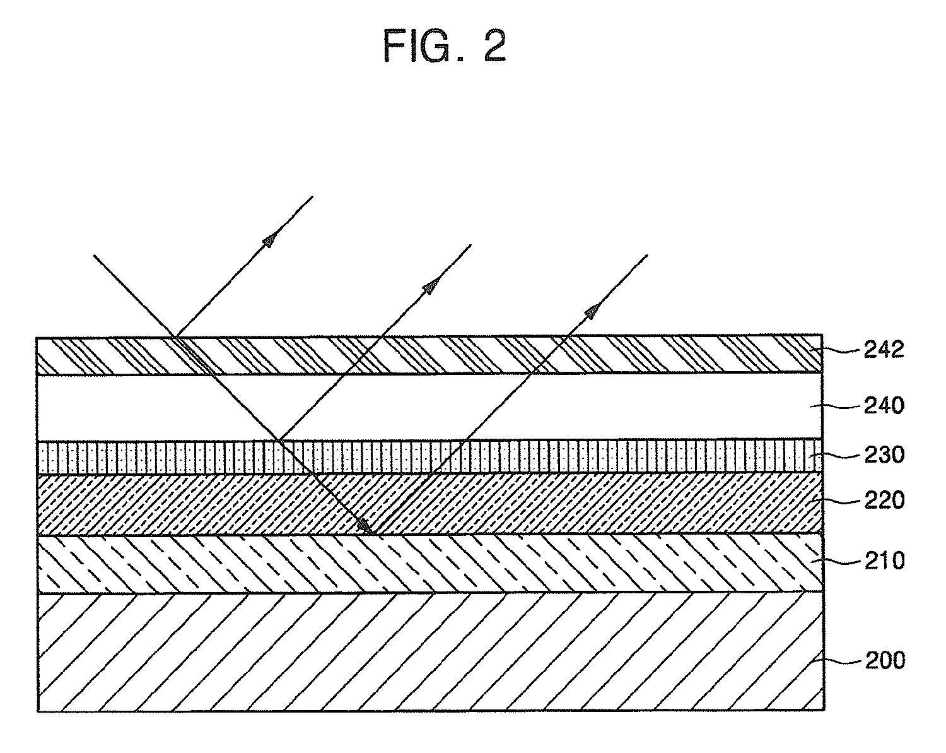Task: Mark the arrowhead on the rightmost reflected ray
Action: point(593,309)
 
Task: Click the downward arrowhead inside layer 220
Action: point(365,525)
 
